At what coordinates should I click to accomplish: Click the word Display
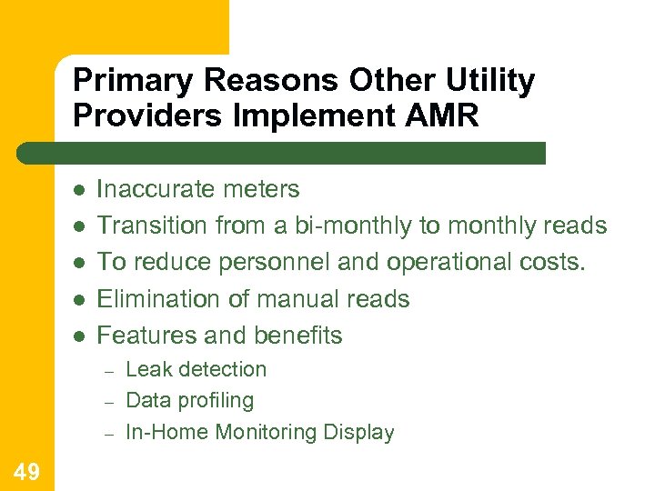tap(361, 433)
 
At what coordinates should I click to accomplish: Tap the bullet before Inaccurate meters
tap(79, 190)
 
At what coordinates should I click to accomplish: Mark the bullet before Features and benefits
tap(79, 336)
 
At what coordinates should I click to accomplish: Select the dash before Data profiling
tap(106, 402)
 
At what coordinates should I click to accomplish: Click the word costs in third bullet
tap(560, 262)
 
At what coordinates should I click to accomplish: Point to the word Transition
tap(153, 225)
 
